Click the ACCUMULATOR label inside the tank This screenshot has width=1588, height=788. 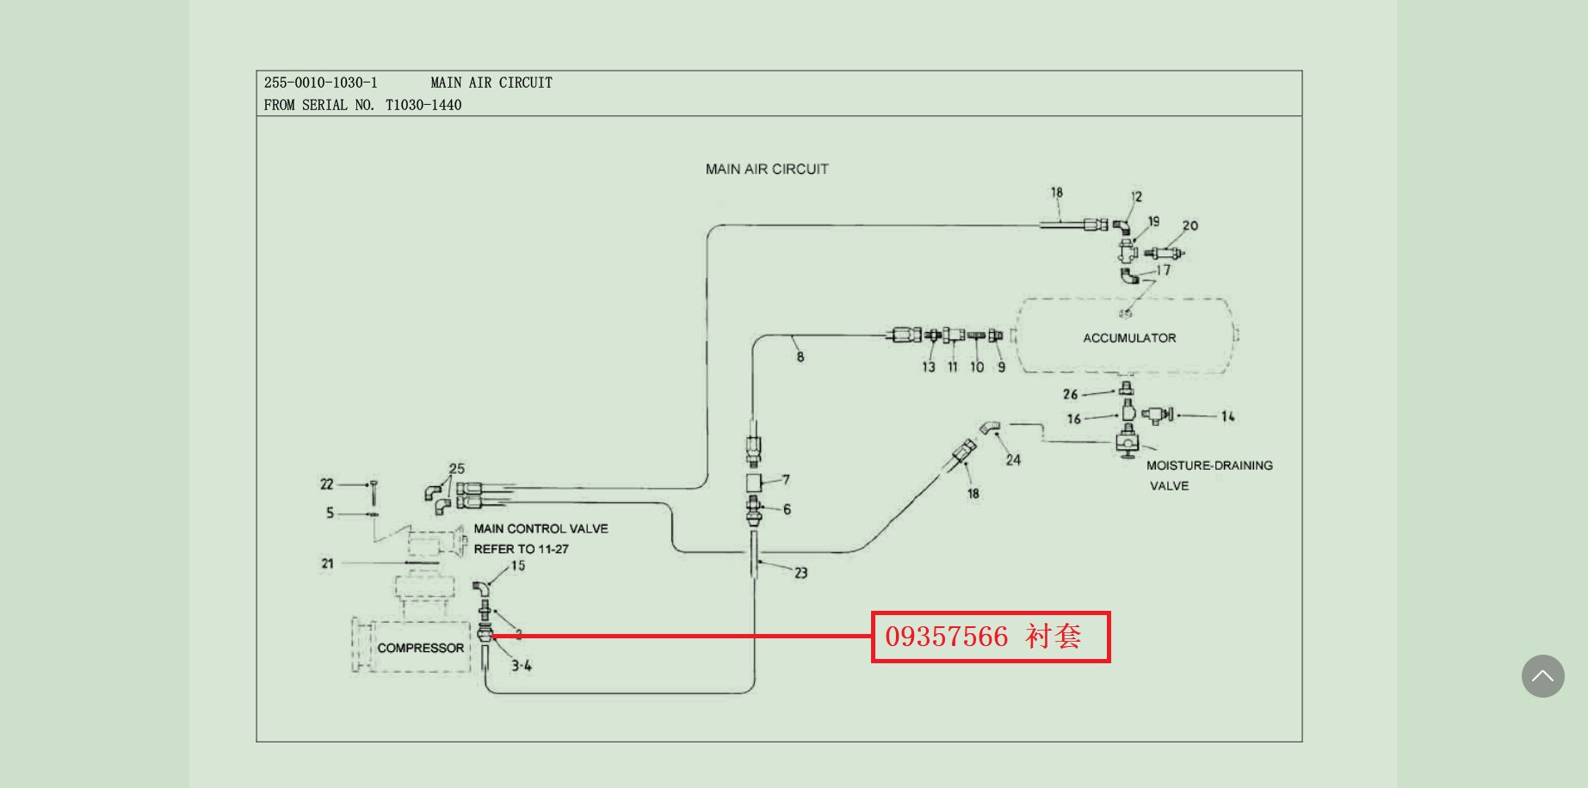click(x=1129, y=338)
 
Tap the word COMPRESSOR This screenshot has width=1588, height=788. click(x=420, y=648)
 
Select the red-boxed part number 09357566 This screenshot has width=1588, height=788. click(x=946, y=637)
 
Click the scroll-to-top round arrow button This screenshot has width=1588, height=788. click(x=1542, y=676)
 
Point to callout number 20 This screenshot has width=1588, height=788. click(x=1189, y=225)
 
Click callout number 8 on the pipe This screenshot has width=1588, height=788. click(x=800, y=356)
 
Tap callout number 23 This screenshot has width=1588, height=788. click(x=800, y=572)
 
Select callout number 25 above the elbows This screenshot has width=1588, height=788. click(x=456, y=469)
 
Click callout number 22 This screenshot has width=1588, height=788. click(x=327, y=484)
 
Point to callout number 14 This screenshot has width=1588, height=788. click(x=1227, y=416)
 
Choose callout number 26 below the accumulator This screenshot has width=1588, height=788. click(x=1070, y=394)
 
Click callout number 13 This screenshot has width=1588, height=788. click(x=929, y=367)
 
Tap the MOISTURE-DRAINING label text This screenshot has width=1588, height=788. click(x=1209, y=465)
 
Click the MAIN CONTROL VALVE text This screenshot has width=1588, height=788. click(x=541, y=529)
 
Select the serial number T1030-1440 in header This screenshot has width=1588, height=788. click(x=423, y=105)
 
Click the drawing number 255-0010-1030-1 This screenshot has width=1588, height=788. click(x=320, y=83)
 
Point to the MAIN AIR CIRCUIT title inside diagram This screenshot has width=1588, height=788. click(x=767, y=169)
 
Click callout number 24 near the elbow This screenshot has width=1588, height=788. click(x=1013, y=460)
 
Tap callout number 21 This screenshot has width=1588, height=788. click(x=327, y=563)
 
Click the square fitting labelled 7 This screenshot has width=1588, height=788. click(x=755, y=481)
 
